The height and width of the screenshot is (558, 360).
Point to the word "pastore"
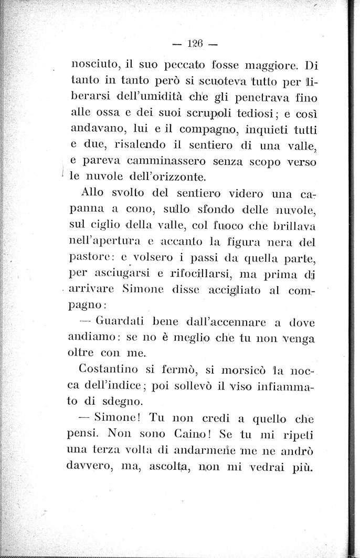(89, 259)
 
